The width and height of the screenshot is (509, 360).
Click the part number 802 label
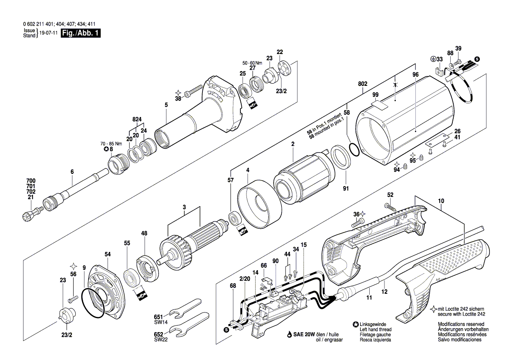(x=363, y=84)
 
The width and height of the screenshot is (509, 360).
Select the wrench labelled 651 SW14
(x=185, y=310)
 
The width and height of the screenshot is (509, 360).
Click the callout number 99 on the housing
(x=375, y=95)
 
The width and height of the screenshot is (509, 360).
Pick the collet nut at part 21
(x=30, y=214)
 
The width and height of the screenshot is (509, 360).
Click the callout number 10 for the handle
(x=441, y=201)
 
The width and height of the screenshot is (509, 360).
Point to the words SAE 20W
(x=302, y=334)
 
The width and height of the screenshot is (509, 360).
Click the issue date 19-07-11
(x=48, y=34)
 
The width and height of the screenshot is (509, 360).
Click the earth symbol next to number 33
(x=433, y=59)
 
